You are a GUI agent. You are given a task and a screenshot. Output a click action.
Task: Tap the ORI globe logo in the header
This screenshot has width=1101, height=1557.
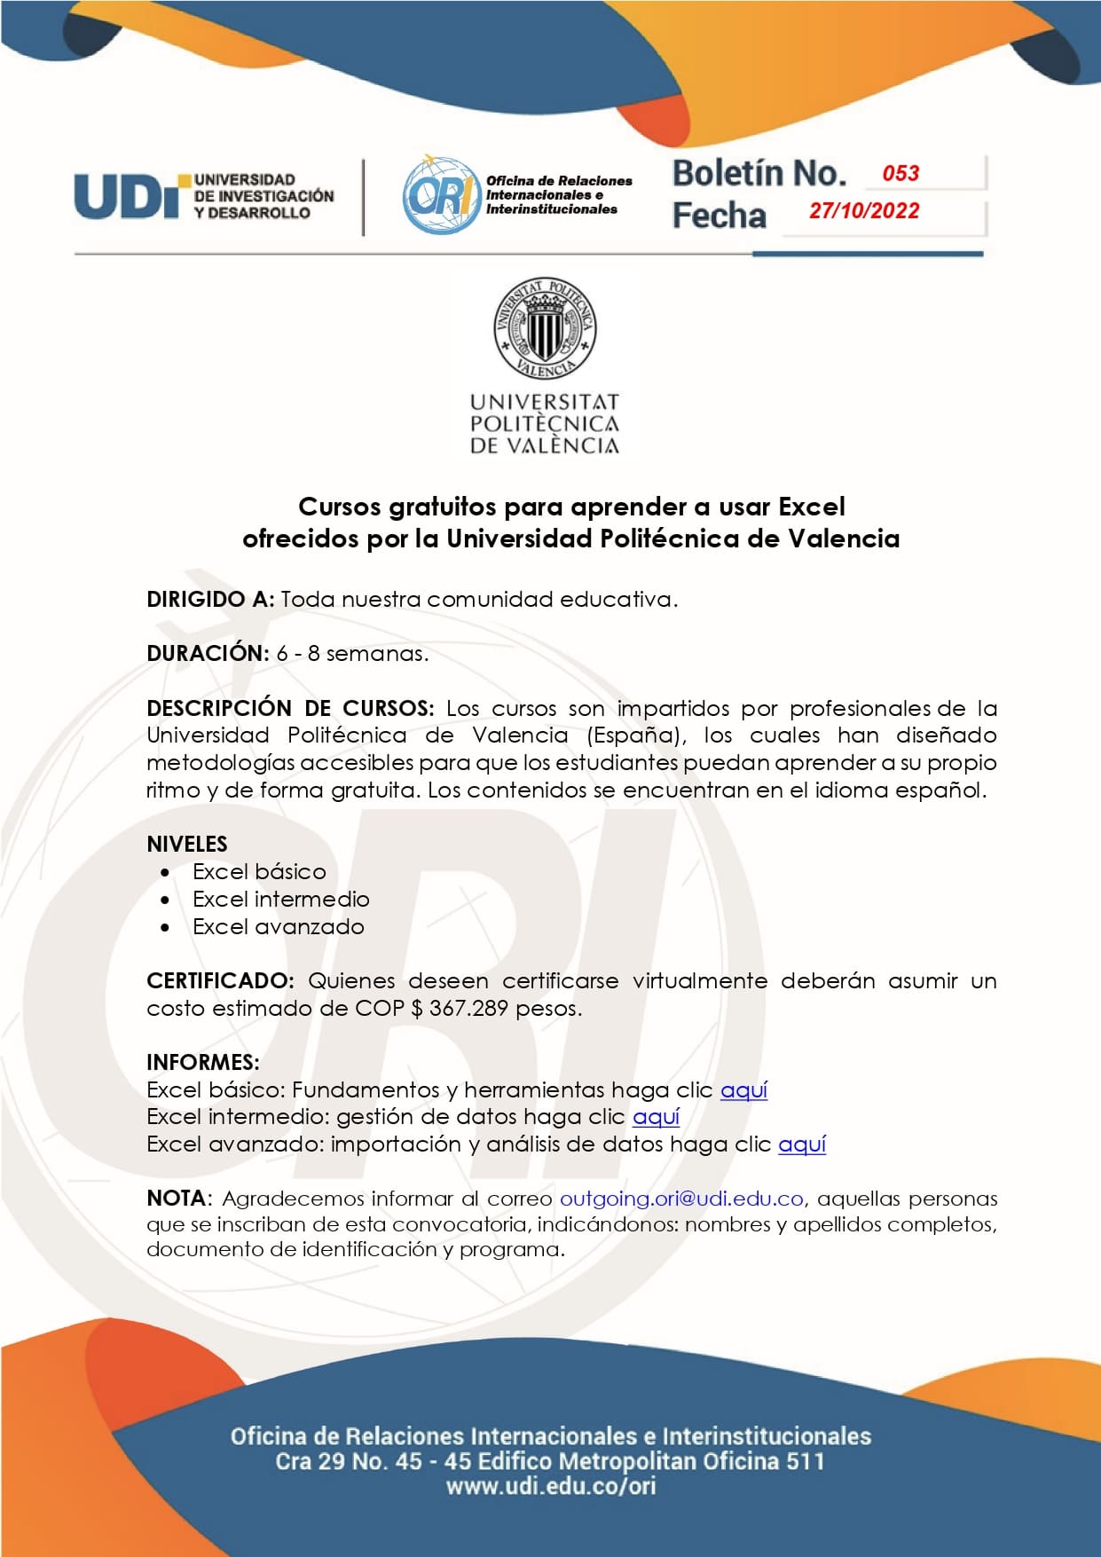(439, 195)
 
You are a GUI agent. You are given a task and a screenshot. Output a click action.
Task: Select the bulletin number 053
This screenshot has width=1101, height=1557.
(900, 173)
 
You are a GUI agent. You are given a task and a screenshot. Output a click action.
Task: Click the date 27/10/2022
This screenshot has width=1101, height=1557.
(864, 211)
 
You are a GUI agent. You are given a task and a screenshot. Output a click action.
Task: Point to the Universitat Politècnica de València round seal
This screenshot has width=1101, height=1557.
(545, 328)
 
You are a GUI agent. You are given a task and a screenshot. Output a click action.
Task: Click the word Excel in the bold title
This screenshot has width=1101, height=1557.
(811, 507)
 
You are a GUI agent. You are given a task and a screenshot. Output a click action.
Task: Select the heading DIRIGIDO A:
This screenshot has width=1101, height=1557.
(210, 600)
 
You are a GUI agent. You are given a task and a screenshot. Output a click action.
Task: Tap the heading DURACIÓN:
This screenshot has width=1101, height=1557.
(208, 654)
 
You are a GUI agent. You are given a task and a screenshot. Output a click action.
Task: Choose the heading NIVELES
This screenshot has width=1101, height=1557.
(187, 844)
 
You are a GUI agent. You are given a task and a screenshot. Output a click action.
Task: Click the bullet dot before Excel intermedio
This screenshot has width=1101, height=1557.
(166, 900)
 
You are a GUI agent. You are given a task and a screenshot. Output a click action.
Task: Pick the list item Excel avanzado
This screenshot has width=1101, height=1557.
(279, 927)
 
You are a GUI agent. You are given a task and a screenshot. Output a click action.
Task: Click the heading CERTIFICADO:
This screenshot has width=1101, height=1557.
(220, 981)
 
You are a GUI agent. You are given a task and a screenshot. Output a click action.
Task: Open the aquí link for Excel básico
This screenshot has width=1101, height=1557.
(743, 1090)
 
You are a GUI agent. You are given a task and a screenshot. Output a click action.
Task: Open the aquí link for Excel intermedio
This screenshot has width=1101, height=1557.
(656, 1117)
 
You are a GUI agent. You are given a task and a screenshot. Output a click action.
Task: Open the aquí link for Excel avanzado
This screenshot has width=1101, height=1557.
(802, 1144)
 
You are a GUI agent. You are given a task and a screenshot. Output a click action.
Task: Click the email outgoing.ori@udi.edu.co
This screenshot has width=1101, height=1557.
(681, 1199)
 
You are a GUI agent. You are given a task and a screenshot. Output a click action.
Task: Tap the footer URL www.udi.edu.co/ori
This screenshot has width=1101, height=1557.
(551, 1486)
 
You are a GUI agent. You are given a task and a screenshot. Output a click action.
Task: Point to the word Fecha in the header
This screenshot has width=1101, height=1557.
(719, 216)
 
